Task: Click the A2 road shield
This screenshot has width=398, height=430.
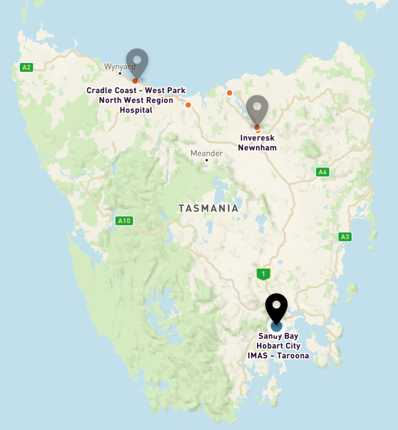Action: point(26,67)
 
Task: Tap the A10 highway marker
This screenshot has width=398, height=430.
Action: point(124,220)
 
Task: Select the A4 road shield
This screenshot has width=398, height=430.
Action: point(323,172)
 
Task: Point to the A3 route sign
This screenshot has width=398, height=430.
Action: point(345,237)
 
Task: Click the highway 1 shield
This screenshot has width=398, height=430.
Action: point(263,274)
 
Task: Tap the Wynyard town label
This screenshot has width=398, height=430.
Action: point(120,66)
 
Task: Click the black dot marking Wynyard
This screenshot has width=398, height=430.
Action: point(120,73)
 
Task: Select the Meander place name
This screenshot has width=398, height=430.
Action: point(206,153)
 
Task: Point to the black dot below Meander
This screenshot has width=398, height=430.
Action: point(207,160)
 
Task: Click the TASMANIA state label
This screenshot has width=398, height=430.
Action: point(208,208)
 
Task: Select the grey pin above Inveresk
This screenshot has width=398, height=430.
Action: point(257,109)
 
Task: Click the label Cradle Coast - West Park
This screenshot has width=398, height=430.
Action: point(136,90)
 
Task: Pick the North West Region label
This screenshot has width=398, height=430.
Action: point(136,100)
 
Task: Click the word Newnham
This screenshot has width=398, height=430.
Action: point(257,148)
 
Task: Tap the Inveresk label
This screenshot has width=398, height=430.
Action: point(257,138)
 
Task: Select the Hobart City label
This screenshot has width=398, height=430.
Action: point(278,346)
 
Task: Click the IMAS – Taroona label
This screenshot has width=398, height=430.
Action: point(278,356)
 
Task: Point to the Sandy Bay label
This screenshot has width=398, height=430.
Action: point(278,336)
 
